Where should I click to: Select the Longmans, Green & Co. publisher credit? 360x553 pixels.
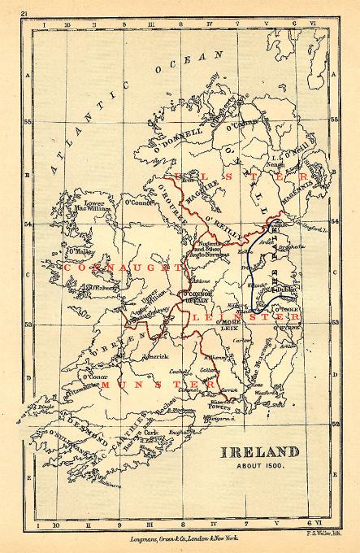point(180,538)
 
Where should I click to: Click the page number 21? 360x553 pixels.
point(25,14)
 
